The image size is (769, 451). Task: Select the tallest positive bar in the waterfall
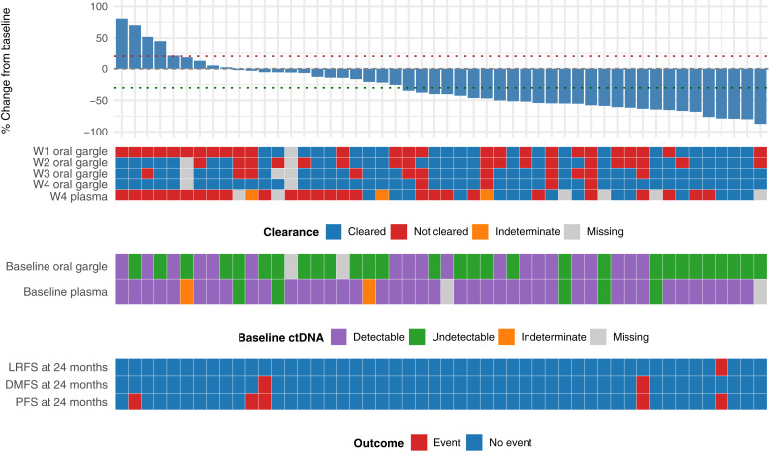[122, 44]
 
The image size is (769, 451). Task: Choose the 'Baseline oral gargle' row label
[56, 267]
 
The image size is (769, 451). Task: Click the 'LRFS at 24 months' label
[60, 367]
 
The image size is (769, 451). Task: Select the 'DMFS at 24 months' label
[59, 384]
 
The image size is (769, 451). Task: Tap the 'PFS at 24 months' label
[63, 401]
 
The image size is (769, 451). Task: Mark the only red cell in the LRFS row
[721, 367]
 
